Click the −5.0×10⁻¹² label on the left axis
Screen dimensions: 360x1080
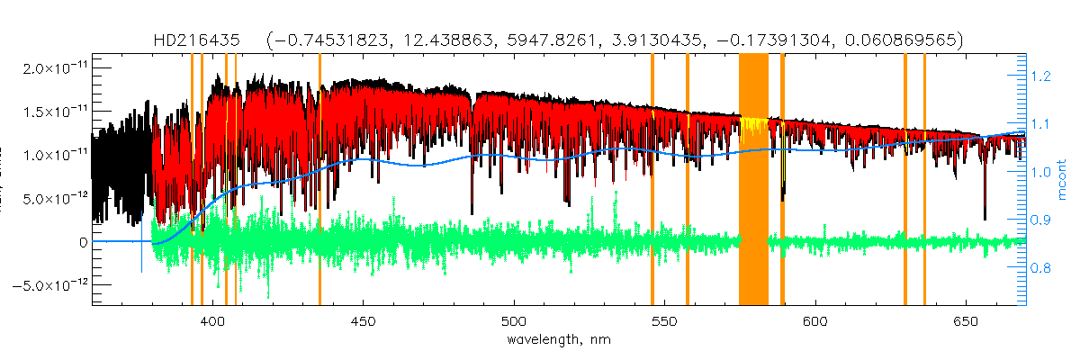52,284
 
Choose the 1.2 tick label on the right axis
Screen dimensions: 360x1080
1040,77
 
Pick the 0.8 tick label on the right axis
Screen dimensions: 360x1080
1040,268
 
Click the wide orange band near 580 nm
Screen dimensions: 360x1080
753,180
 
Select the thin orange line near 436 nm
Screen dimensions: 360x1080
319,180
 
